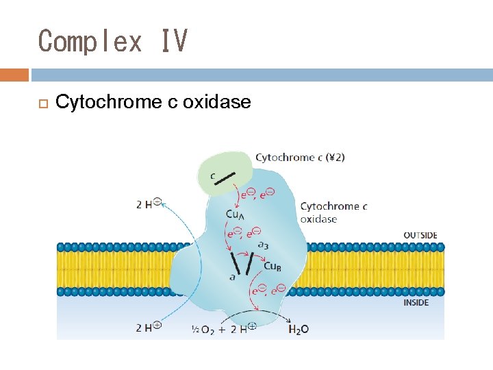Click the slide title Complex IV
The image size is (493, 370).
click(x=113, y=41)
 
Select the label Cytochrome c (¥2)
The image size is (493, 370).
click(x=300, y=158)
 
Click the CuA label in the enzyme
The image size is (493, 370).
click(x=234, y=214)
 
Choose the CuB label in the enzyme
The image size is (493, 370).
click(x=272, y=266)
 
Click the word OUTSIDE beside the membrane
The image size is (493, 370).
click(x=420, y=236)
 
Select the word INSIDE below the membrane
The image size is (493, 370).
click(x=416, y=302)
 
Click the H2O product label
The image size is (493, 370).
click(x=299, y=329)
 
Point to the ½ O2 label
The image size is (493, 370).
click(x=203, y=329)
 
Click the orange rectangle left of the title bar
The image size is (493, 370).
click(x=14, y=75)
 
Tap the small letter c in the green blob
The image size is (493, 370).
click(x=213, y=176)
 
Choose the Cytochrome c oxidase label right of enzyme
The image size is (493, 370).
click(x=333, y=212)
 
